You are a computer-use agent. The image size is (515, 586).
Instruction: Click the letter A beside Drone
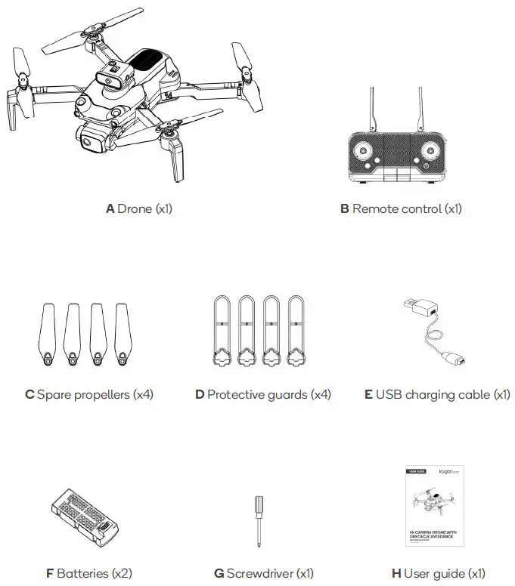(x=110, y=208)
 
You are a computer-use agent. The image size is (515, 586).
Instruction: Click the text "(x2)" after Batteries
(x=122, y=574)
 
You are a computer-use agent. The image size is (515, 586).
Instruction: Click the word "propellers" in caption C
(x=101, y=394)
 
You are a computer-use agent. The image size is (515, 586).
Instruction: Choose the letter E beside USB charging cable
(x=368, y=394)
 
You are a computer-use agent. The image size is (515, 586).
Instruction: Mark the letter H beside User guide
(x=396, y=574)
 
